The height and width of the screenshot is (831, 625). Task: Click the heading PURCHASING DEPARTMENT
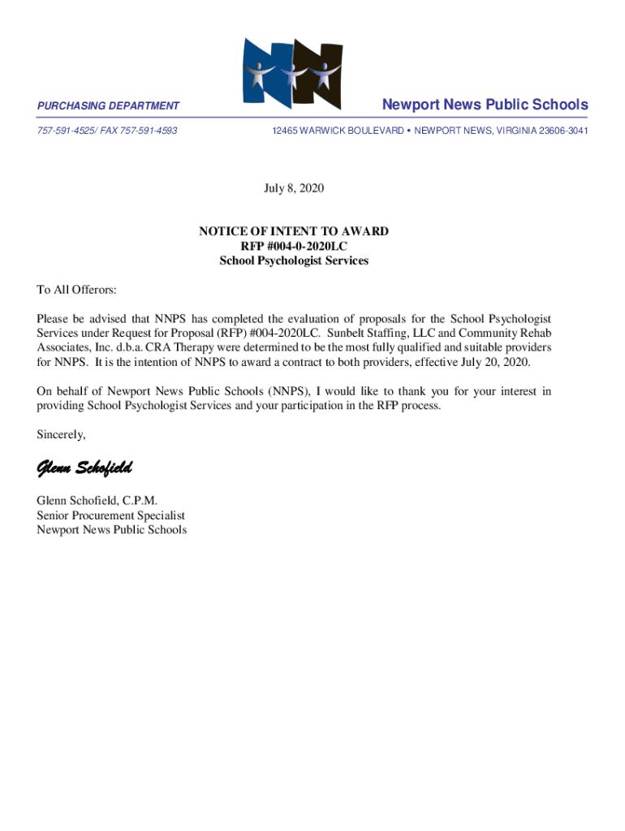pyautogui.click(x=108, y=106)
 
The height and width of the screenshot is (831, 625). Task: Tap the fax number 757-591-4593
pyautogui.click(x=149, y=131)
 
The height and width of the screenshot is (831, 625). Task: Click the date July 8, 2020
pyautogui.click(x=294, y=189)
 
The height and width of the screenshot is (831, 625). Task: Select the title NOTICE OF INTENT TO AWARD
pyautogui.click(x=294, y=232)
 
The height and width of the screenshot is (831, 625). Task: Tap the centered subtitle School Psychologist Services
pyautogui.click(x=294, y=261)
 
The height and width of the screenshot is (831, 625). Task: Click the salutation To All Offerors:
pyautogui.click(x=76, y=291)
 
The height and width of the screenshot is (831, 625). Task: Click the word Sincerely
pyautogui.click(x=61, y=435)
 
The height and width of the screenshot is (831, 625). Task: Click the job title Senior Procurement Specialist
pyautogui.click(x=110, y=515)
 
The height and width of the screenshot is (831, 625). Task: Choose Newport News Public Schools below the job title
pyautogui.click(x=111, y=530)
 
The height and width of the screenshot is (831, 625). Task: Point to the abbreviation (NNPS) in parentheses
pyautogui.click(x=285, y=391)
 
